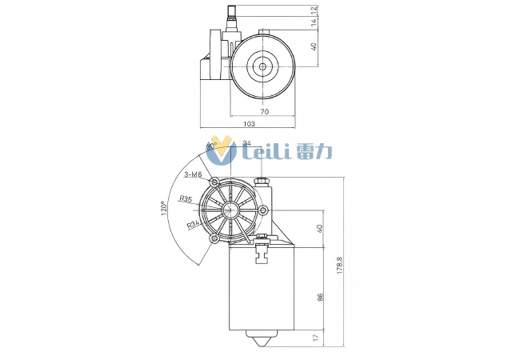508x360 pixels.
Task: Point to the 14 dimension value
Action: pyautogui.click(x=314, y=24)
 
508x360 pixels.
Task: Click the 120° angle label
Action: pyautogui.click(x=164, y=209)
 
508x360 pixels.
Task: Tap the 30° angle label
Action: pyautogui.click(x=211, y=147)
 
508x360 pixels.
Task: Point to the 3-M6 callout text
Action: pyautogui.click(x=192, y=174)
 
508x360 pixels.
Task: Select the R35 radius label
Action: pyautogui.click(x=185, y=198)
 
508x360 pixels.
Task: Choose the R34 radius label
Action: pyautogui.click(x=192, y=226)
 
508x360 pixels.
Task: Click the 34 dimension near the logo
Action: pyautogui.click(x=246, y=144)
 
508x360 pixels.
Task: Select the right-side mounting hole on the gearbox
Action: pyautogui.click(x=263, y=210)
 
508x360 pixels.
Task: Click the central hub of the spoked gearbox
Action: pyautogui.click(x=230, y=211)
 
